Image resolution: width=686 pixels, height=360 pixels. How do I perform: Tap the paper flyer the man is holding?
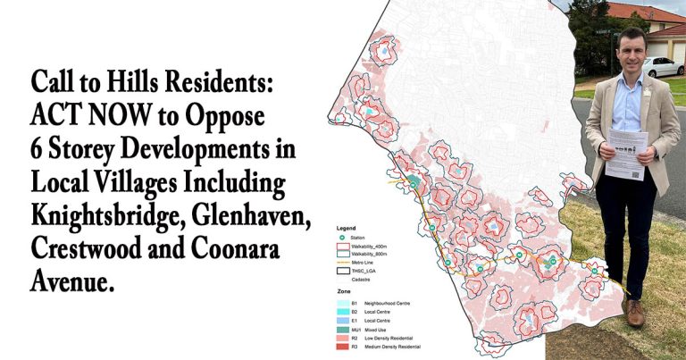(626, 153)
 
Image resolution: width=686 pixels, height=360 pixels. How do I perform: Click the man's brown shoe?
(635, 313)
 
